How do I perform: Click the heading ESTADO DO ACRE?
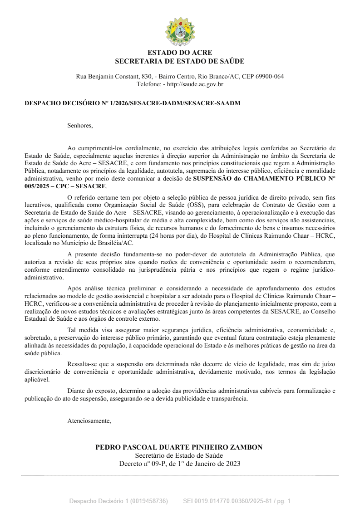180,53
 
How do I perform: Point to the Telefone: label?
148,84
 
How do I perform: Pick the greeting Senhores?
80,125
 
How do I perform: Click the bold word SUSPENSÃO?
213,179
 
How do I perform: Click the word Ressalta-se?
82,364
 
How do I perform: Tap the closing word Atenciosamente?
89,421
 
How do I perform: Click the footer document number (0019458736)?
149,501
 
